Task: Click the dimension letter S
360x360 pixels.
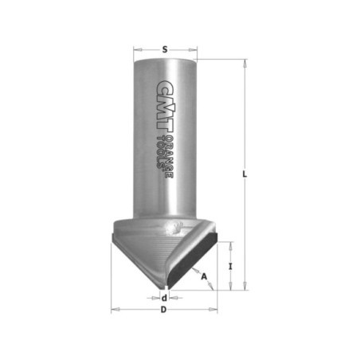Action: click(x=165, y=49)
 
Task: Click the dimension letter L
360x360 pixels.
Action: click(x=245, y=174)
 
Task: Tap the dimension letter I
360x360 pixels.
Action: click(x=230, y=266)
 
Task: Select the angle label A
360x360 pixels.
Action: click(x=204, y=276)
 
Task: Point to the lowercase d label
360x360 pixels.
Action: click(x=165, y=298)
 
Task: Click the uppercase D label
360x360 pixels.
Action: click(x=164, y=310)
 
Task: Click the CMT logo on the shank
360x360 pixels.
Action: click(x=165, y=106)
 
